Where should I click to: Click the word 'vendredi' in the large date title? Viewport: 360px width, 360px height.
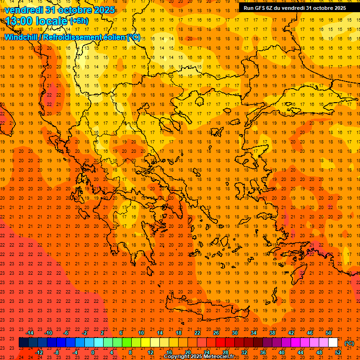click(x=23, y=10)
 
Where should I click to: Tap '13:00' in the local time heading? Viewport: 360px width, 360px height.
click(x=19, y=21)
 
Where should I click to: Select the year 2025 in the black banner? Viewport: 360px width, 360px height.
click(x=337, y=8)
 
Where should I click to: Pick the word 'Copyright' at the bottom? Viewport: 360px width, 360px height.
click(x=177, y=357)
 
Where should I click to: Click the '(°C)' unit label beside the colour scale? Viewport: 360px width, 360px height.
click(x=349, y=343)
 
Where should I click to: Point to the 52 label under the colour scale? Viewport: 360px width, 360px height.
click(x=338, y=352)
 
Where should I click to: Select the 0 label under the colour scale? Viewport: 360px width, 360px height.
click(x=93, y=352)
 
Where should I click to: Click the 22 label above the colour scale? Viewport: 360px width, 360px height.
click(x=197, y=333)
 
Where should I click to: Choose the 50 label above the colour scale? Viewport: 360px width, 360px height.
click(x=329, y=333)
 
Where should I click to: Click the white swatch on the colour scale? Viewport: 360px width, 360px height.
click(x=333, y=343)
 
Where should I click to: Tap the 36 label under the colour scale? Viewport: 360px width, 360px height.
click(x=263, y=352)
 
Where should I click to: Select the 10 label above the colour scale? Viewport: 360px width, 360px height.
click(x=141, y=333)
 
